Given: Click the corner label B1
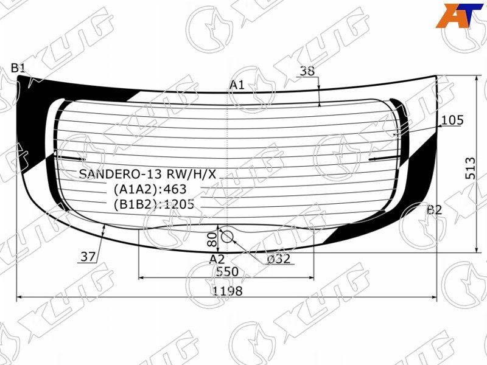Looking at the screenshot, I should (x=18, y=68).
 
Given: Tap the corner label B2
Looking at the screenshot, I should (x=434, y=210).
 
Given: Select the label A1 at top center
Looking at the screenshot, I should (x=237, y=85).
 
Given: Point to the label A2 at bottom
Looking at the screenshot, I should (x=217, y=259).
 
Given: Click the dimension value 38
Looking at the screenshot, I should (x=307, y=71).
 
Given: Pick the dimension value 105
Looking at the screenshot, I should (x=452, y=120).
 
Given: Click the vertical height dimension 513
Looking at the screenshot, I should (x=469, y=164).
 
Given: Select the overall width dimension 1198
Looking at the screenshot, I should (x=228, y=291).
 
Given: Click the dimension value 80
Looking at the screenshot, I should (x=212, y=239).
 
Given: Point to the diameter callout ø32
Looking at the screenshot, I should (x=278, y=259).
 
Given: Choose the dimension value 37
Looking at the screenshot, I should (x=88, y=257).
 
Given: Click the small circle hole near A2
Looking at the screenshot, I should (x=226, y=236).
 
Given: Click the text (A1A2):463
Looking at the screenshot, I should (x=150, y=189).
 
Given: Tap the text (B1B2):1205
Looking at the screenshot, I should (x=153, y=204).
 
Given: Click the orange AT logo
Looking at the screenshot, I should (x=455, y=15).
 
